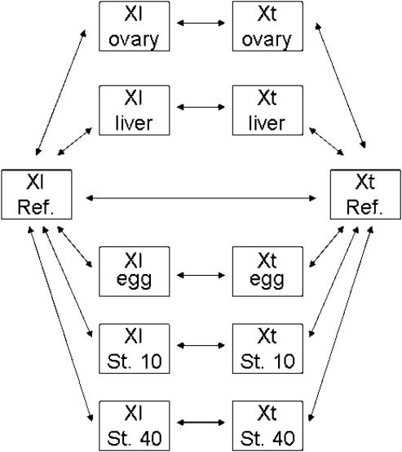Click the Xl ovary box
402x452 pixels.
pos(135,26)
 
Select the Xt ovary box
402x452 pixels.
pos(267,26)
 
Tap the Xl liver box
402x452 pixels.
pos(135,110)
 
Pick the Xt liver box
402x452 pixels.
pos(267,110)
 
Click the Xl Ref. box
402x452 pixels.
pos(37,194)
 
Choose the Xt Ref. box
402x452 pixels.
pos(365,194)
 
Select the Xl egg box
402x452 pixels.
pos(135,272)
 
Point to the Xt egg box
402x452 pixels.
pos(267,272)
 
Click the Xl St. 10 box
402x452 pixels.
pos(135,348)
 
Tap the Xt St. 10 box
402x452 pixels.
pos(267,348)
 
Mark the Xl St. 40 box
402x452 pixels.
pos(135,426)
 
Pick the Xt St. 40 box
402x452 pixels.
pos(267,426)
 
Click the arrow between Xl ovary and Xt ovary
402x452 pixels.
pos(201,23)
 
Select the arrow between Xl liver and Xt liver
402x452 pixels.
pos(201,107)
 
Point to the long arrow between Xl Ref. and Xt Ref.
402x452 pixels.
pos(201,198)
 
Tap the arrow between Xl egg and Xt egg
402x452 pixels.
pos(201,275)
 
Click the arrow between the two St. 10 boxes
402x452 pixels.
pos(201,345)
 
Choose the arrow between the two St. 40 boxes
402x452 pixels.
pos(201,423)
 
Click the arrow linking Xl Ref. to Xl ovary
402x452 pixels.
pos(61,92)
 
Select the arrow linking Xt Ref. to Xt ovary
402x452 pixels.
pos(340,86)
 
